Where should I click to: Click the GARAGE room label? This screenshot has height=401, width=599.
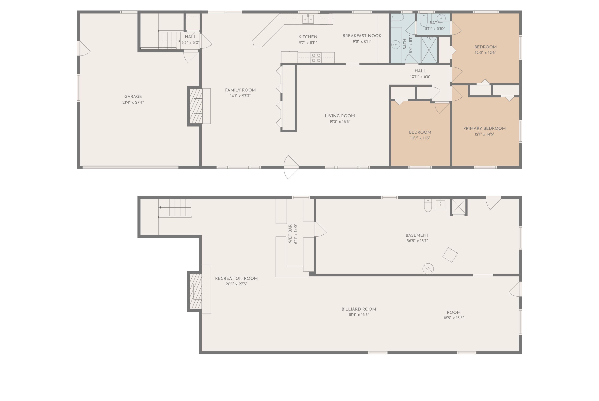tap(133, 96)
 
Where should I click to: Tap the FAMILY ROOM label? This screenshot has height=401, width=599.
tap(240, 90)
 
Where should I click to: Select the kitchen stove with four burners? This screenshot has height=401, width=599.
tap(316, 58)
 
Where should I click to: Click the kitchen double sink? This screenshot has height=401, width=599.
tap(308, 19)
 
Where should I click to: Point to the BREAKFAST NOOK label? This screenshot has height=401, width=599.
tap(362, 36)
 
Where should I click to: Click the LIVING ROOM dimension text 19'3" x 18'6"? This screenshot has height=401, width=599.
tap(340, 122)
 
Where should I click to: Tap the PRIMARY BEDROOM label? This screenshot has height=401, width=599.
tap(484, 128)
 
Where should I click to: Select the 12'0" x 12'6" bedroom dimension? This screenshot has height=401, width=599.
tap(485, 53)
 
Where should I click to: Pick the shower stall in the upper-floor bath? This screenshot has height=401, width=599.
tap(429, 50)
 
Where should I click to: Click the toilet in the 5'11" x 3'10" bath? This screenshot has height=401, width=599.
tap(424, 20)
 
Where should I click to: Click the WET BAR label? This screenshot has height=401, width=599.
tap(290, 233)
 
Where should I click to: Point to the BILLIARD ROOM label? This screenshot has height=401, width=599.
tap(359, 309)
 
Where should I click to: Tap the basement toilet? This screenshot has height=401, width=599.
tap(428, 205)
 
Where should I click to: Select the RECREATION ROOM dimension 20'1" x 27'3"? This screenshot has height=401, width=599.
tap(236, 284)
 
